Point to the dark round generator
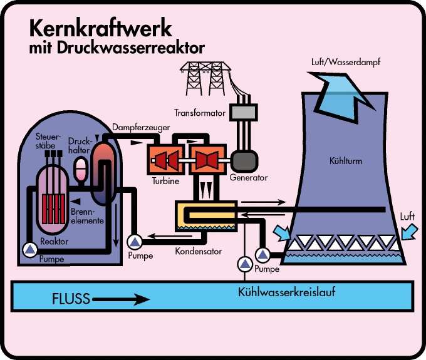(x=242, y=161)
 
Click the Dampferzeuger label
(x=142, y=128)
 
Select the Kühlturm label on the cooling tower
(x=345, y=161)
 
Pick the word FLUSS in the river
(x=71, y=298)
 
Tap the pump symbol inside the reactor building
(x=29, y=249)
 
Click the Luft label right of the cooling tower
(x=408, y=217)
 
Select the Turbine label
(x=165, y=181)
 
